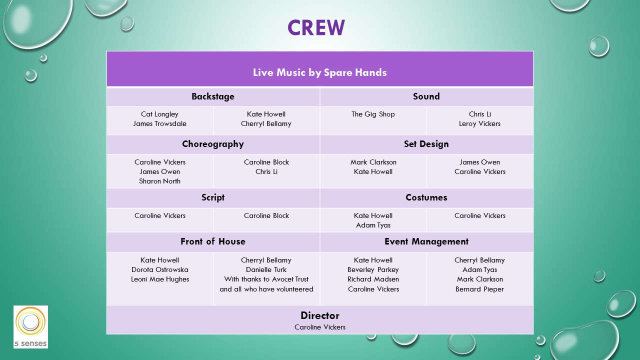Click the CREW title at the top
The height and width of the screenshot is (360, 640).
[x=316, y=27]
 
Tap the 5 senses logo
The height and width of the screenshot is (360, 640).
[x=30, y=327]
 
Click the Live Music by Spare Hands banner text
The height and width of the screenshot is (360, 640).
[x=319, y=72]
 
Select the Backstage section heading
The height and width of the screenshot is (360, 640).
[x=213, y=96]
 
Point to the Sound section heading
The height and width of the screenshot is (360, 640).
[x=426, y=96]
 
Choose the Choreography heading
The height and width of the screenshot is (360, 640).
[x=213, y=144]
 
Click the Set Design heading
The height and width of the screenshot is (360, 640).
[x=426, y=144]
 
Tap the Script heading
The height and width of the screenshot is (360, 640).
[x=213, y=197]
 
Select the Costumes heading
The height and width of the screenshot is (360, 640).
[x=426, y=197]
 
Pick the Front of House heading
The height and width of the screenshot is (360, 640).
[x=213, y=241]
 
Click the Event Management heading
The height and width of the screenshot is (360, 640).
[x=426, y=241]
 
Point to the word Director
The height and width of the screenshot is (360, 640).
[x=319, y=315]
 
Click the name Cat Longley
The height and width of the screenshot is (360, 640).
[x=159, y=114]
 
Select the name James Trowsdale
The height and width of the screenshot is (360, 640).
[x=159, y=123]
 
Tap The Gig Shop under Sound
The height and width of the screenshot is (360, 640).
[x=373, y=114]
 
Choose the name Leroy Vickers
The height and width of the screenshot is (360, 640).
[x=479, y=123]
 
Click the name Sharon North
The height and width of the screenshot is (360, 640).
[x=159, y=181]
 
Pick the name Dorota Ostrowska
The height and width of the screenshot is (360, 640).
[x=159, y=269]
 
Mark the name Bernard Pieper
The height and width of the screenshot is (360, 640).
[x=479, y=289]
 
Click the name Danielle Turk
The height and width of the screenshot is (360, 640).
[x=266, y=269]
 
